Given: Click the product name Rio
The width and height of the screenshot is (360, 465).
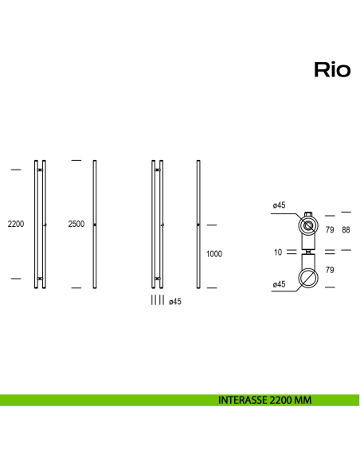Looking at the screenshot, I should tap(332, 70).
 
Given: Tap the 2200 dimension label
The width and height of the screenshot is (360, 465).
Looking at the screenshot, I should tap(16, 225).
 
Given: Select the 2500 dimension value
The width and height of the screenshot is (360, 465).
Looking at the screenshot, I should tap(76, 225).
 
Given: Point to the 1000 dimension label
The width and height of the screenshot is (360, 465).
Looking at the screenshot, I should tap(213, 254).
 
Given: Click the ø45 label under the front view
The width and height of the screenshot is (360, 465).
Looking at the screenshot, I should tap(176, 300).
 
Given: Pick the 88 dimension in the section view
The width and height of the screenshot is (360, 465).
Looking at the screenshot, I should tap(346, 231).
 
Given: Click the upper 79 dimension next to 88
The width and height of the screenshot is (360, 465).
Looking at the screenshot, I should tap(329, 231).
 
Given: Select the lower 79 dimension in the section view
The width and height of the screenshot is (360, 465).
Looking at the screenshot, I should tap(329, 271).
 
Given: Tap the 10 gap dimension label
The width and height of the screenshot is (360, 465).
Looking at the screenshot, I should tap(277, 252).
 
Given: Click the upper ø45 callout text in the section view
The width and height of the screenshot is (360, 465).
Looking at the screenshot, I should tap(279, 205).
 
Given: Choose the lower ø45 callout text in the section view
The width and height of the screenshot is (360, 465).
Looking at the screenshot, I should tap(279, 284).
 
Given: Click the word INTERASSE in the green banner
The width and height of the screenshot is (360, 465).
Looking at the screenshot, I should tap(243, 401).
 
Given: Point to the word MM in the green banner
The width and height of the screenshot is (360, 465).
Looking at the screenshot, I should tap(302, 401).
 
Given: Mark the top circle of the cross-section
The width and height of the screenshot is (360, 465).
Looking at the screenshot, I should tap(307, 225).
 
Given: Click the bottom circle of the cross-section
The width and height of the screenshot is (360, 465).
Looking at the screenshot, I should tap(307, 277).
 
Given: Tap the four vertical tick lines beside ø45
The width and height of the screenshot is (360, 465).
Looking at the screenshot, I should tap(158, 300).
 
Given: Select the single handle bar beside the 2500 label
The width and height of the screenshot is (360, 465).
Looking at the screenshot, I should tap(95, 225).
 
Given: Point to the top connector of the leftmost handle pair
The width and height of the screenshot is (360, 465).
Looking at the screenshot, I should tap(40, 170).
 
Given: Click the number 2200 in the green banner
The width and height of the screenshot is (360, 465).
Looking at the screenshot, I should tap(280, 401).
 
